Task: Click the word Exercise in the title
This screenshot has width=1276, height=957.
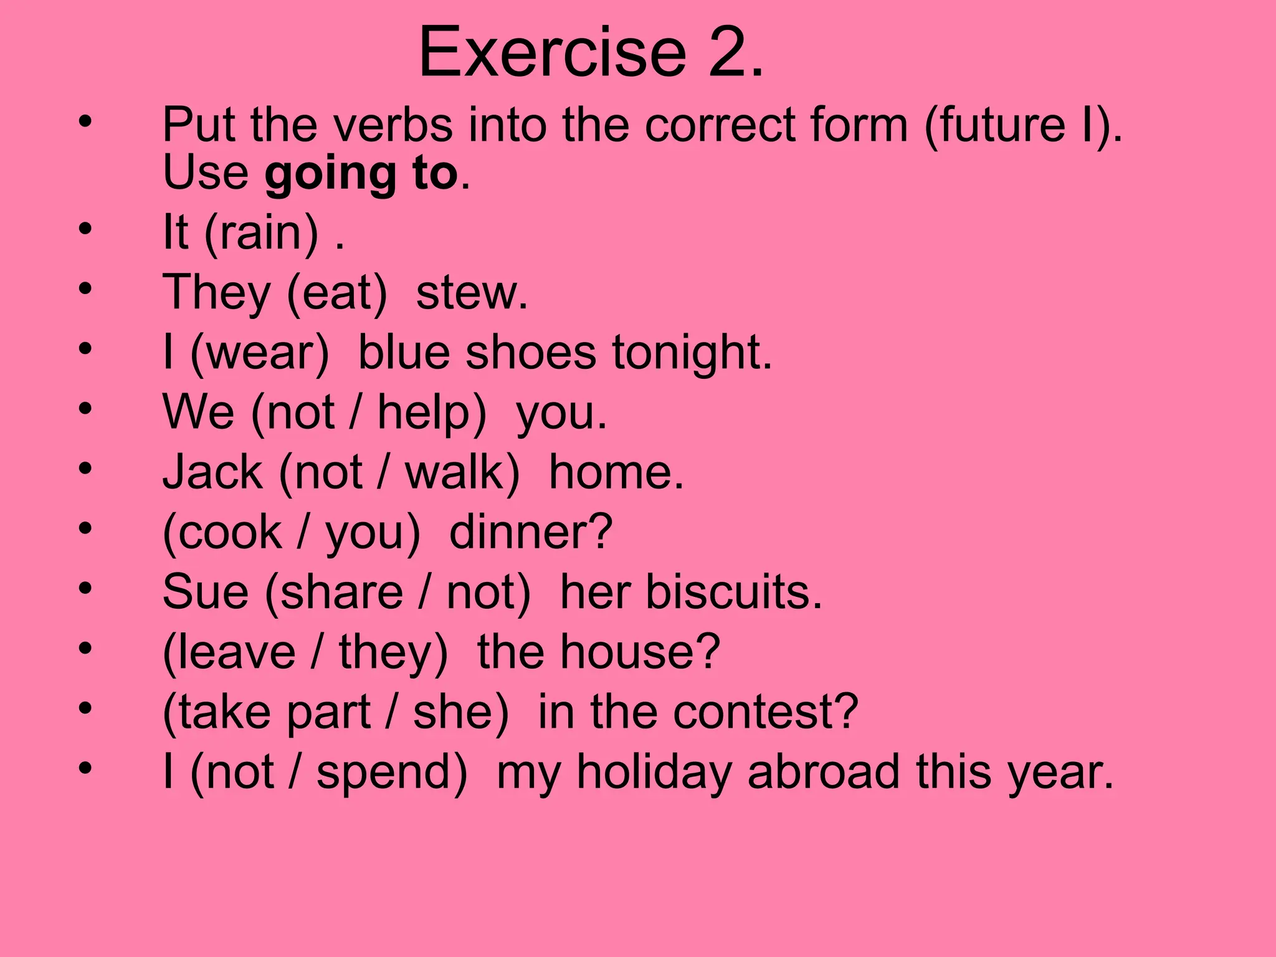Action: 552,52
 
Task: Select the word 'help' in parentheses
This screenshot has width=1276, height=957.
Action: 423,413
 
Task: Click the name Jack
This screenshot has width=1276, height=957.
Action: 212,472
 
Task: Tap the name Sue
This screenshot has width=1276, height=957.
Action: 205,592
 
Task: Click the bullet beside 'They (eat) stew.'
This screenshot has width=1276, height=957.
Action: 85,288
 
